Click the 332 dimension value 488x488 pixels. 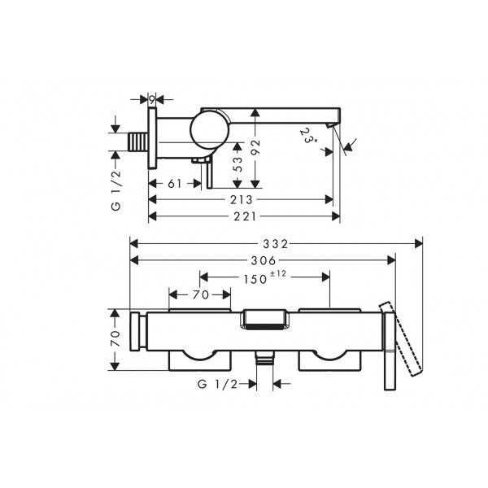276,244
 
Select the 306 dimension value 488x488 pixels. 264,260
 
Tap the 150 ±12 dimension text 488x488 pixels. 264,277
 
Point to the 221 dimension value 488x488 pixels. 245,216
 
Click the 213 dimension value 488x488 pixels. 242,200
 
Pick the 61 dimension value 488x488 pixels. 174,184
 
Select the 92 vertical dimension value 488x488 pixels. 255,147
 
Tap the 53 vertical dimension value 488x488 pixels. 237,163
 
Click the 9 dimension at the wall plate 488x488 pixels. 151,100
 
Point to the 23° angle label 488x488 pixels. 307,136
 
